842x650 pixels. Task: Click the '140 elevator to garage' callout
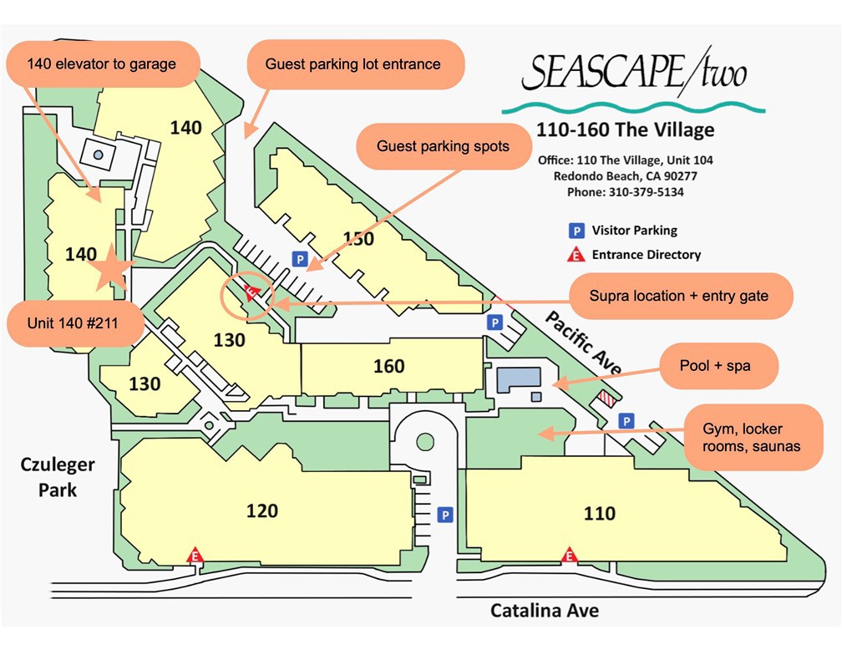103,64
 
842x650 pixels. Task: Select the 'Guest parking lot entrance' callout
353,64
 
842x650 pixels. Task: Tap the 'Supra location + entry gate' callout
678,296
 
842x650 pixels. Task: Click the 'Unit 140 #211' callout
74,324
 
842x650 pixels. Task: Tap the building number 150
358,239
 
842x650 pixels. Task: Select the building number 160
389,366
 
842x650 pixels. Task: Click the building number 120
262,510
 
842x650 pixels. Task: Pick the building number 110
599,513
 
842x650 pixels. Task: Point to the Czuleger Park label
58,477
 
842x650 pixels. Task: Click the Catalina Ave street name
544,611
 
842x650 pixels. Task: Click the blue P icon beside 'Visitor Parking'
576,231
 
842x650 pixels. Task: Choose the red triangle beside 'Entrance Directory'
576,255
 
